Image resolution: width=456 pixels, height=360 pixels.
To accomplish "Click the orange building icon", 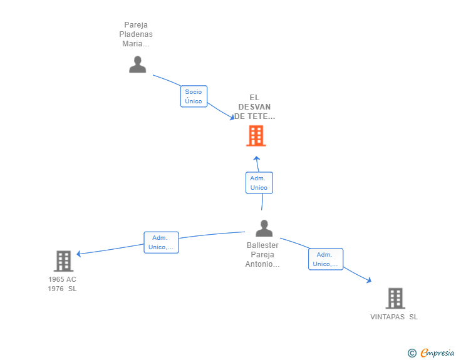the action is coord(256,135).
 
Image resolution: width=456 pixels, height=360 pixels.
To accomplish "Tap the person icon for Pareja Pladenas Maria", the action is coord(138,64).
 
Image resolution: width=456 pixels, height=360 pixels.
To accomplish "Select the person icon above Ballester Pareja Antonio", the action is coord(264,228).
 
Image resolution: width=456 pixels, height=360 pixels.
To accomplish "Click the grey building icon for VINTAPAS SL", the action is coord(395,298).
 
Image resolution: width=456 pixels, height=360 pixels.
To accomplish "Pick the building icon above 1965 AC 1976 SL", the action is coord(63,261).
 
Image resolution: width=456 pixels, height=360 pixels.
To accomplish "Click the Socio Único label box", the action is coord(194,96).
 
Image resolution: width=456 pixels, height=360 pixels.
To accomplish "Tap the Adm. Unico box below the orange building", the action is coord(259,183).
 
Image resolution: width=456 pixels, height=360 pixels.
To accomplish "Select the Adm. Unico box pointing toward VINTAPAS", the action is coord(326,259).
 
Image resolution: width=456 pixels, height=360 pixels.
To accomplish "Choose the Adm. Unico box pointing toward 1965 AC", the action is coord(161,242).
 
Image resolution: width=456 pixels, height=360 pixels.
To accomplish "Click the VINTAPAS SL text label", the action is coord(394,317).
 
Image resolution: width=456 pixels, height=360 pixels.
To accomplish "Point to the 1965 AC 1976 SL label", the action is coord(62,284).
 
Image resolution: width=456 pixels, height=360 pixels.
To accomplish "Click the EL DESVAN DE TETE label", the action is coord(254,107).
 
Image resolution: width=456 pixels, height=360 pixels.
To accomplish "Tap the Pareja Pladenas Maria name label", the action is coord(136,34).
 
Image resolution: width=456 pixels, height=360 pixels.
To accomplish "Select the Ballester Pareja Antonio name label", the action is coord(262,255).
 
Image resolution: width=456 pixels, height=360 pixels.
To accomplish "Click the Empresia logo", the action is coord(437,352).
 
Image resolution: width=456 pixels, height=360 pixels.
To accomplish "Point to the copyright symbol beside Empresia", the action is coord(412,353).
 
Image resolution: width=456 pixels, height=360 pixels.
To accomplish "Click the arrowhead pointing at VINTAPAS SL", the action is coord(369,280).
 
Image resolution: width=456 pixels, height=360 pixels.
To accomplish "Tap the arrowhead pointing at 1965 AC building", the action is coord(78,254).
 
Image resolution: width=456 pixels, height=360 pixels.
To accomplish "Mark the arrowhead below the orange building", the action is coord(257,158).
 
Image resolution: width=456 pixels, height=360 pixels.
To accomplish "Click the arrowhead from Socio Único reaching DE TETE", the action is coord(232,117).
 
